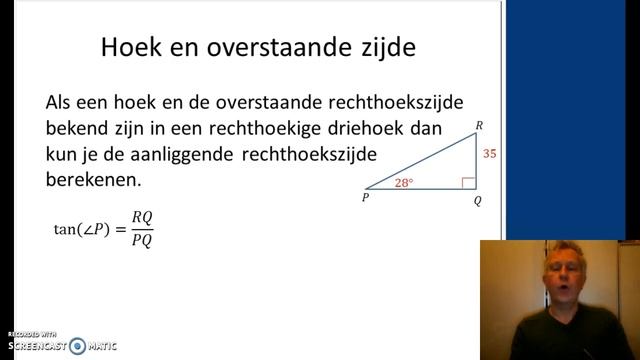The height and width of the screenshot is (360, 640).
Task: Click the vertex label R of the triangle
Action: click(480, 125)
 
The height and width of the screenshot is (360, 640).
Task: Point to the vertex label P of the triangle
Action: click(366, 198)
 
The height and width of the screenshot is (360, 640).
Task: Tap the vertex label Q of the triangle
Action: click(478, 200)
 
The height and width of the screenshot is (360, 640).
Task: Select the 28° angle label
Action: click(404, 182)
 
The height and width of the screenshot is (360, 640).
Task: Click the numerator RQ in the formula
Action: click(142, 218)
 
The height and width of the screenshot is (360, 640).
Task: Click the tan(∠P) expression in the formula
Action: click(83, 228)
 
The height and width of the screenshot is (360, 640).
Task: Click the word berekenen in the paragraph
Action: click(93, 181)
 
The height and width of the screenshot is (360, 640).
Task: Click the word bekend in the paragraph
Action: click(78, 129)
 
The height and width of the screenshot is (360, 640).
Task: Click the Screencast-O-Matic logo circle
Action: click(78, 346)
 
